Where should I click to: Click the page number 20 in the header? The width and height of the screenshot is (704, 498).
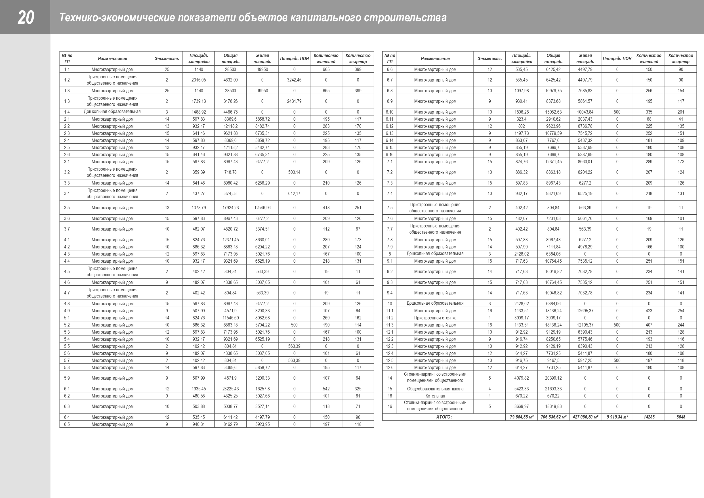(x=26, y=18)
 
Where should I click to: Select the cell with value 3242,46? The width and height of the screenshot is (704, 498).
(x=294, y=80)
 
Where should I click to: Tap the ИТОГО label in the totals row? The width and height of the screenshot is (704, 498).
(x=444, y=417)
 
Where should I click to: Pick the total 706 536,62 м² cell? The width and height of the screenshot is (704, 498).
(x=553, y=417)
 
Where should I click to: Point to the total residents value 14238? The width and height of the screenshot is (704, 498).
(x=649, y=417)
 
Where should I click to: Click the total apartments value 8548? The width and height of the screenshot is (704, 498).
(x=681, y=417)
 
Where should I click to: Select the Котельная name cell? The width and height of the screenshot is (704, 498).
(x=435, y=396)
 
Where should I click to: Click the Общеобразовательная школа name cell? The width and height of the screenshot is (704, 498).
(x=435, y=389)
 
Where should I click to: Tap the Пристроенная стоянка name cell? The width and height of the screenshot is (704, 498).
(x=435, y=318)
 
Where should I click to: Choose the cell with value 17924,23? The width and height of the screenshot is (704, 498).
(x=231, y=208)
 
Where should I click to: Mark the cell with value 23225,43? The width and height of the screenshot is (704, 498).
(x=231, y=389)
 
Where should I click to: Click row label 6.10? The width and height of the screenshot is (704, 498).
(x=389, y=112)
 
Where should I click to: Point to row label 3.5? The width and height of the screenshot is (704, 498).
(x=67, y=208)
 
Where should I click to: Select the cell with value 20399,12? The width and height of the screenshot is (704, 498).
(x=553, y=378)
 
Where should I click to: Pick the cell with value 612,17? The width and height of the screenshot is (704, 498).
(x=294, y=194)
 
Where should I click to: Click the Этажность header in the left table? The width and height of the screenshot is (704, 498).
(x=167, y=58)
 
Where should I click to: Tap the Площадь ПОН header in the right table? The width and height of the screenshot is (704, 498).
(x=617, y=58)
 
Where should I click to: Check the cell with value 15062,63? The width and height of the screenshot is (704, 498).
(x=553, y=112)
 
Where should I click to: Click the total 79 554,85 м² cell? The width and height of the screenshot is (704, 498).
(x=521, y=417)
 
